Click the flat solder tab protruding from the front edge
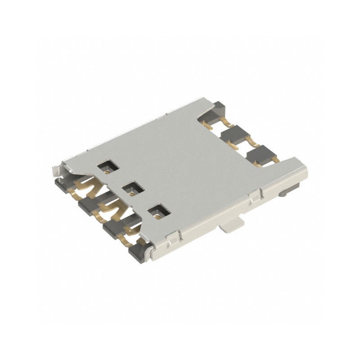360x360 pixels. point(232,225)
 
